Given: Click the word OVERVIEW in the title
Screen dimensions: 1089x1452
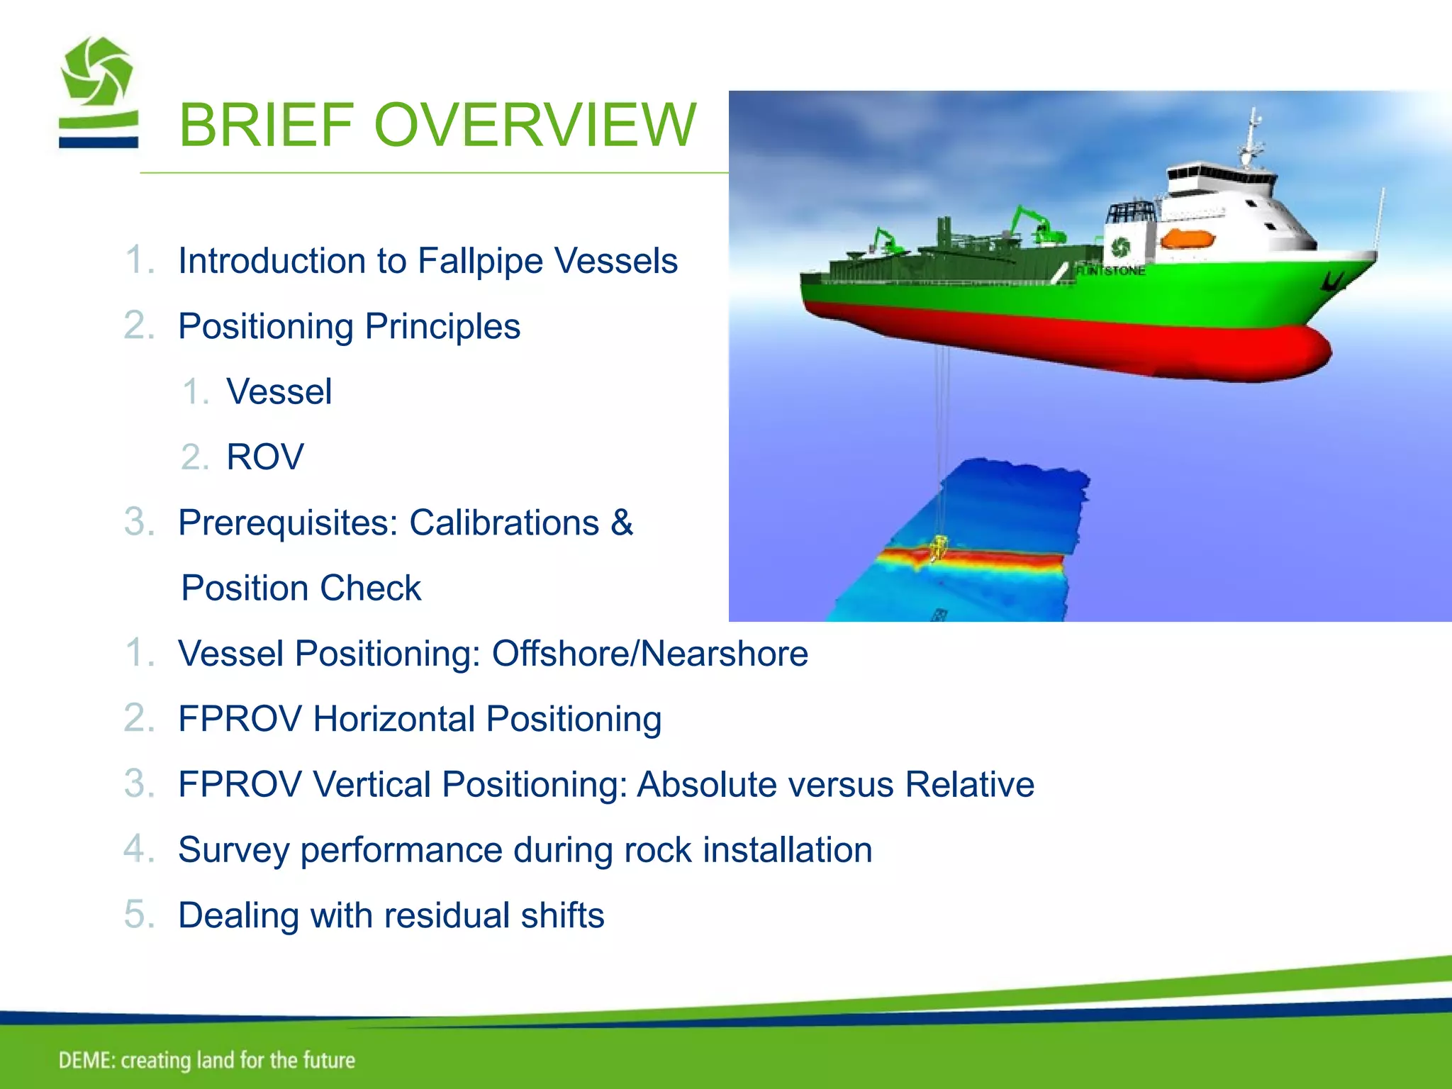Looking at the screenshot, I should click(x=535, y=125).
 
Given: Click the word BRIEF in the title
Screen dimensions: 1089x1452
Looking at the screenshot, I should click(x=267, y=125).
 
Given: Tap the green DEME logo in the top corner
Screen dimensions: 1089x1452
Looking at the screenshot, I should click(x=98, y=92).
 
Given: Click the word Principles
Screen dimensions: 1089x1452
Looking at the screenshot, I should click(x=442, y=327).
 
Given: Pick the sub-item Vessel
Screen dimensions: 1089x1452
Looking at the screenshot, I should click(x=279, y=392).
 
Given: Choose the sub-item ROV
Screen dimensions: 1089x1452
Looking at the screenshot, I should click(x=264, y=457).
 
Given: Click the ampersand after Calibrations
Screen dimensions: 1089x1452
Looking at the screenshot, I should click(x=622, y=523).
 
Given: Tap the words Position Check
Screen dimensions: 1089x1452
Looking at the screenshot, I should click(x=301, y=588).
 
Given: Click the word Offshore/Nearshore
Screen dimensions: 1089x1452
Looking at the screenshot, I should click(x=649, y=654).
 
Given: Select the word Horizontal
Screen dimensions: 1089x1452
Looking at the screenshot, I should click(x=394, y=719).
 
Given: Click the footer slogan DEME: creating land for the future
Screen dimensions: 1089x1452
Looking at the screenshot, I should click(x=206, y=1060).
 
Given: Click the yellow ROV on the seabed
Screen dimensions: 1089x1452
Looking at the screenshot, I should click(x=939, y=547).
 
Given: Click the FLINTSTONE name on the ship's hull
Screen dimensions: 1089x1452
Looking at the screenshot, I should click(x=1110, y=271).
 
